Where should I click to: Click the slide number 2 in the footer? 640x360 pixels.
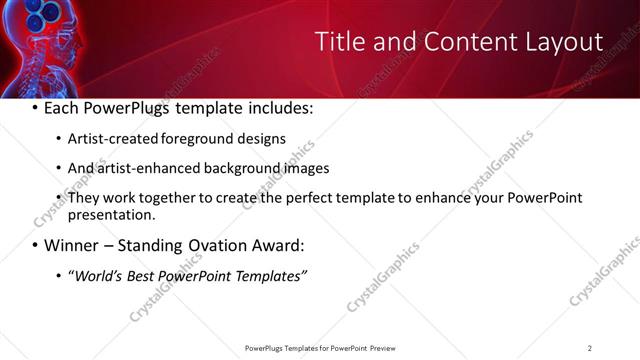[x=590, y=348]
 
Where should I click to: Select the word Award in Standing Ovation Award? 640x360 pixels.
[x=271, y=245]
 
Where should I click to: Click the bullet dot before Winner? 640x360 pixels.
[x=36, y=245]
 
